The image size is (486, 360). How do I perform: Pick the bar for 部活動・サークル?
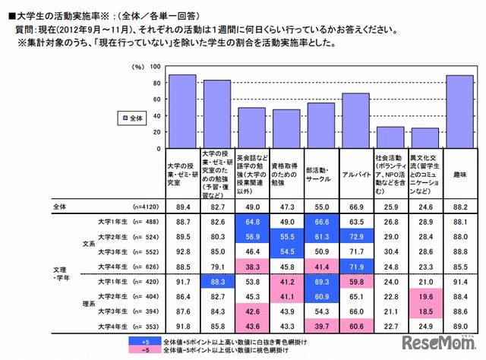pyautogui.click(x=320, y=125)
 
